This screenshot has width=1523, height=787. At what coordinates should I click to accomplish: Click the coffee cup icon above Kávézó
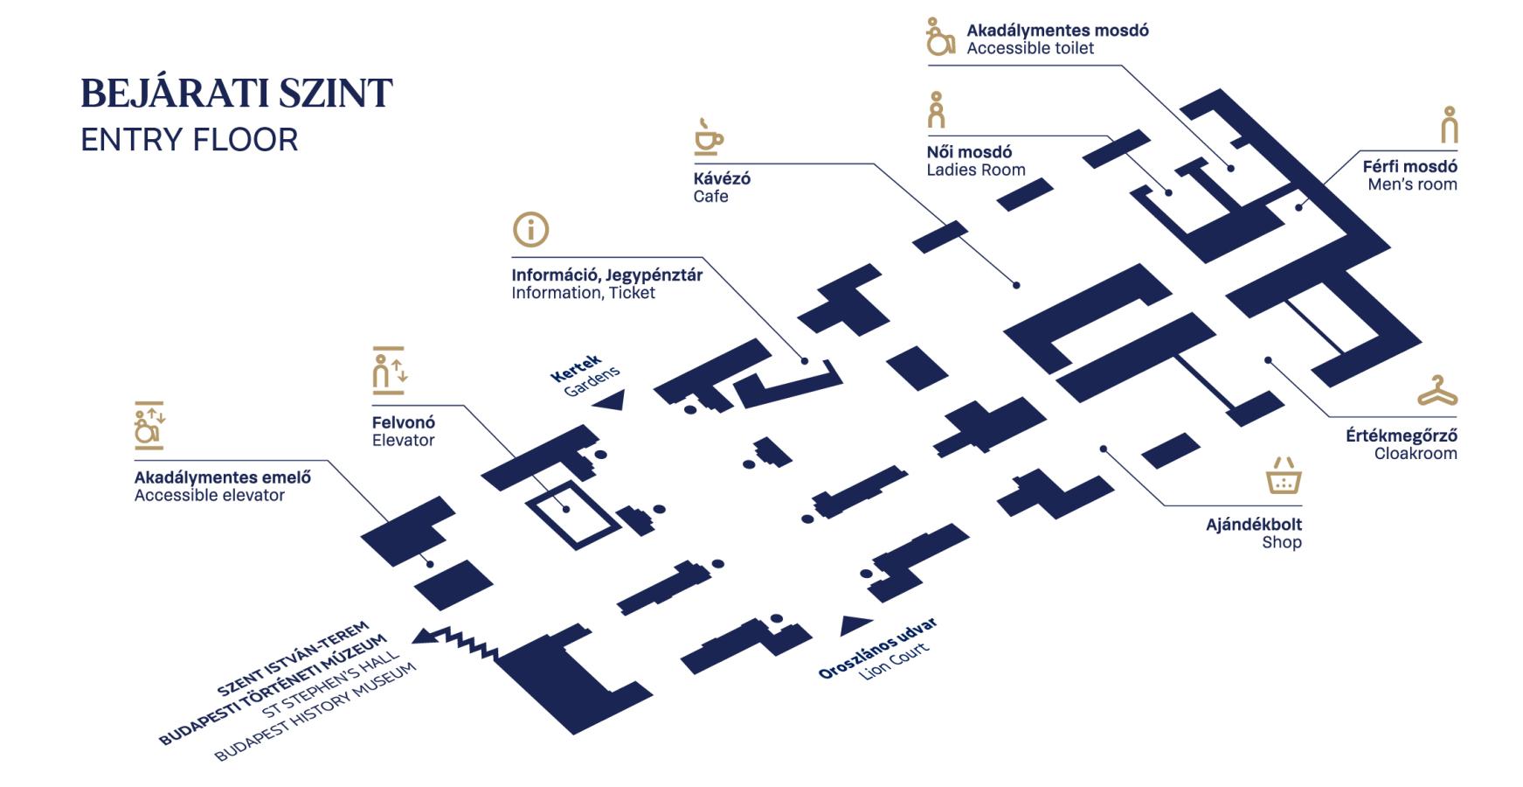708,137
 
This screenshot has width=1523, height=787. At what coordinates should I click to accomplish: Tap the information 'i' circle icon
530,230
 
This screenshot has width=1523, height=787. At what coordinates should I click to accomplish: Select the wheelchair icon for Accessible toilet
939,37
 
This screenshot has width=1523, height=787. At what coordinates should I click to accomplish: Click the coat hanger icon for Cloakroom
1436,391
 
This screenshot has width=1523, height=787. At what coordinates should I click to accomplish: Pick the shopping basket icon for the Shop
1283,476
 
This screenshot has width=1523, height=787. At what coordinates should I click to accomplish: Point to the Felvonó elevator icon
389,371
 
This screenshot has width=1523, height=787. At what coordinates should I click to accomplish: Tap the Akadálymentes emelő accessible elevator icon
149,426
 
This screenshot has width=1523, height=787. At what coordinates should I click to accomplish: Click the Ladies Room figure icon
937,110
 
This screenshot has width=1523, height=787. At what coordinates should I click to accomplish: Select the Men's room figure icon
1449,125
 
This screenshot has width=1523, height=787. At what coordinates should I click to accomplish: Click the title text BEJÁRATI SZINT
237,94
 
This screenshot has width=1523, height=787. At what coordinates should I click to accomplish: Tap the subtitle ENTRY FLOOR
189,140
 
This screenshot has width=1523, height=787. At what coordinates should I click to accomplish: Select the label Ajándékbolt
1253,525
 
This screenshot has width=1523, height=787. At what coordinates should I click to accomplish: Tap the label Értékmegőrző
1401,435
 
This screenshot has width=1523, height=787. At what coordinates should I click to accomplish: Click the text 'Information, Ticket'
583,293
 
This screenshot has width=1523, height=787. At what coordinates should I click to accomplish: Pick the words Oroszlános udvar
876,648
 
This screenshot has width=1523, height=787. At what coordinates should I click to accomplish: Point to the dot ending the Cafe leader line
1016,285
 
